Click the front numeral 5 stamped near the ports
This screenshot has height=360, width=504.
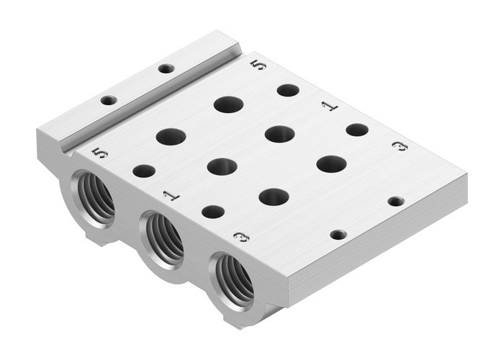click(100, 152)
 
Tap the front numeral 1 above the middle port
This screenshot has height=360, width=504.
click(170, 194)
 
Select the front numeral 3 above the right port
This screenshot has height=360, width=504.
click(242, 236)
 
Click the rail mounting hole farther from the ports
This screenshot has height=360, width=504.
click(166, 69)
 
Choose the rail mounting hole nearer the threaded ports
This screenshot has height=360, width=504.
click(108, 101)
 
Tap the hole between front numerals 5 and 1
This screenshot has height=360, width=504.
click(144, 171)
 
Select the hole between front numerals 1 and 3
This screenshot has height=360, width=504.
click(212, 211)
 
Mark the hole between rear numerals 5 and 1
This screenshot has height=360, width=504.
click(288, 90)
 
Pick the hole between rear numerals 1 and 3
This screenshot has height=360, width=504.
click(356, 130)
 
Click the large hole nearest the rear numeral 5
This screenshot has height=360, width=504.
click(228, 104)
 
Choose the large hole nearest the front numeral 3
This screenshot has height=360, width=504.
click(274, 197)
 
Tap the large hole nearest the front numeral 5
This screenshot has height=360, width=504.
click(171, 135)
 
